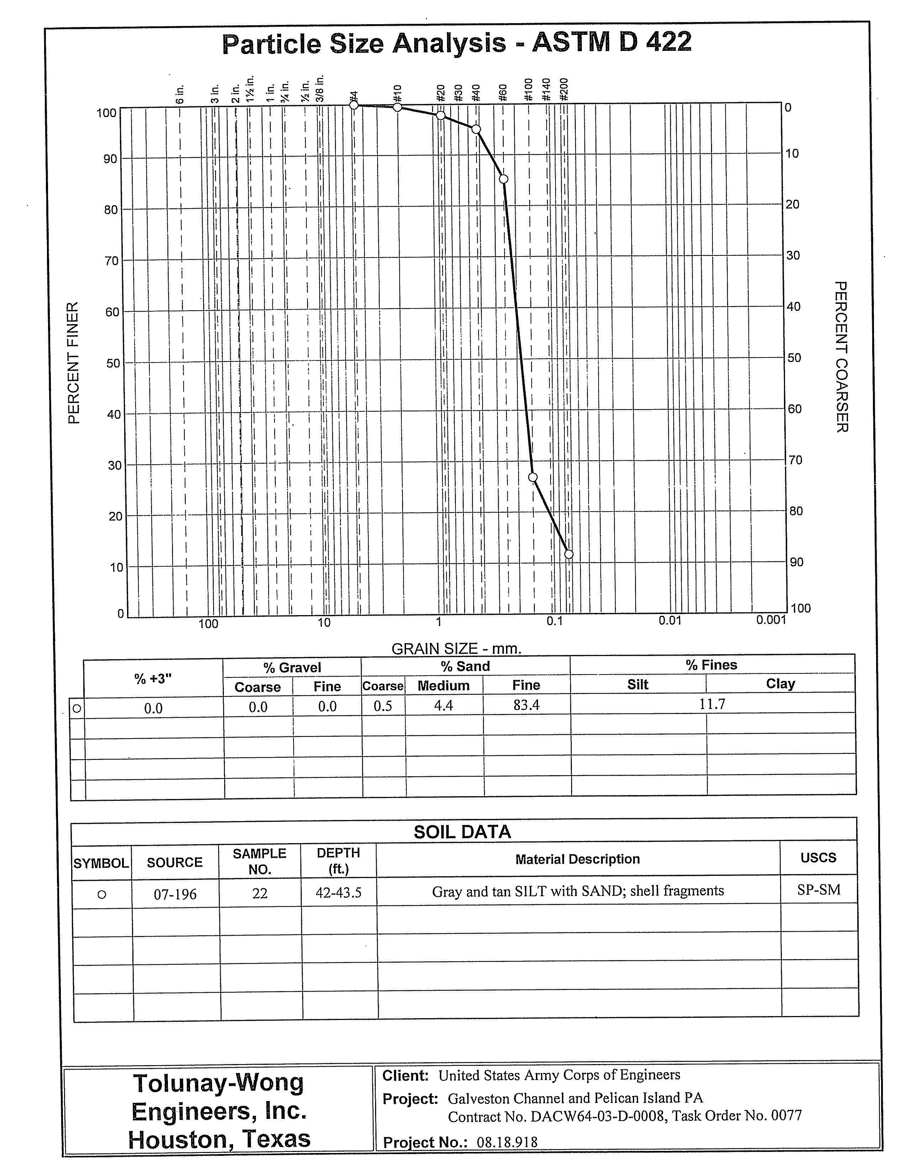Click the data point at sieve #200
point(568,554)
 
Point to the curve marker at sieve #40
point(476,129)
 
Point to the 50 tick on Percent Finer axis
point(113,363)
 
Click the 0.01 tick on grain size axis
point(669,620)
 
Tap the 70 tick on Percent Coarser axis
point(794,460)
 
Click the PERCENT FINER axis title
point(74,363)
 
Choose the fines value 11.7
point(712,704)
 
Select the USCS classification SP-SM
point(818,890)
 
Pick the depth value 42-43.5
point(338,893)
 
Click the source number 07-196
point(175,894)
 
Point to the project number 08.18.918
point(507,1142)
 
